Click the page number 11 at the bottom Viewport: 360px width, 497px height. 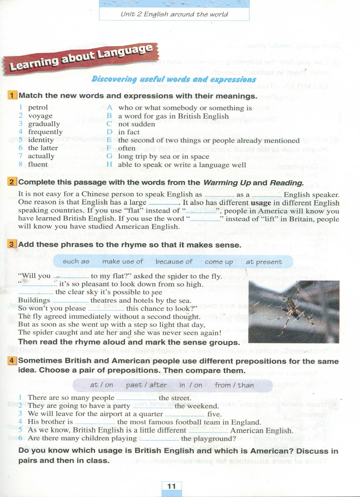[172, 486]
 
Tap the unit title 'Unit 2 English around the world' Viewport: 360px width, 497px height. [174, 14]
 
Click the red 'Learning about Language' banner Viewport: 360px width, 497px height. [81, 58]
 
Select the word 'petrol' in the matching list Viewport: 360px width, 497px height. [38, 107]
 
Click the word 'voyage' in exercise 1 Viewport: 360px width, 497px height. [40, 116]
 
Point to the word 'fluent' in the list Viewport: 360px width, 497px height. [38, 164]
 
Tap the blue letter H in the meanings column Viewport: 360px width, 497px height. [109, 165]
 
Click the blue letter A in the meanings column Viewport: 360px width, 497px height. [109, 108]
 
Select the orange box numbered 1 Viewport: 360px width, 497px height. [12, 95]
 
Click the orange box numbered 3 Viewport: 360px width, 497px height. [12, 244]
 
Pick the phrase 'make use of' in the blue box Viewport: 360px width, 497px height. [123, 262]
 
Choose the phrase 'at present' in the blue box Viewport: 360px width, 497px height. [264, 262]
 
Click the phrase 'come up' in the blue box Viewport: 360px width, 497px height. [219, 262]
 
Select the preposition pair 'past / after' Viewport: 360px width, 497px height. [146, 385]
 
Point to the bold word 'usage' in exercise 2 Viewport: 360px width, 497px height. [261, 203]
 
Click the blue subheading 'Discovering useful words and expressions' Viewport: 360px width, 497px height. [174, 79]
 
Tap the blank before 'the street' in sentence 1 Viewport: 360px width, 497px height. [136, 398]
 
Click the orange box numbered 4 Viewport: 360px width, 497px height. [12, 361]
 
